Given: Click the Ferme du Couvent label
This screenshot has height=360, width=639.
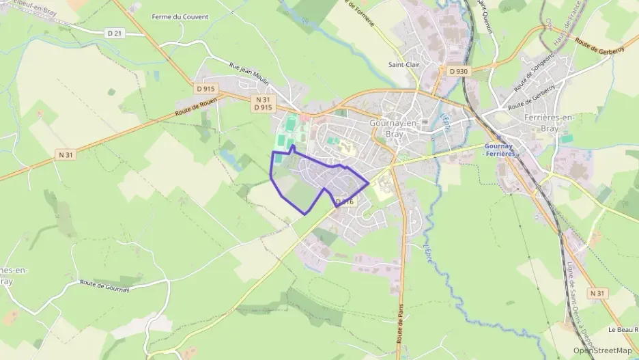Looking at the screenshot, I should click(180, 16).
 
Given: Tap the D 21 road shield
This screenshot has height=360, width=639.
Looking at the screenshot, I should click(114, 33).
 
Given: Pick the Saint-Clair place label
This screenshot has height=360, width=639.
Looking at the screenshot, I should click(403, 65).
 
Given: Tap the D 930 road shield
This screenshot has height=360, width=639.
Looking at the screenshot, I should click(459, 71).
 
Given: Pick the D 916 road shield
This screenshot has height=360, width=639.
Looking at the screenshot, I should click(345, 202).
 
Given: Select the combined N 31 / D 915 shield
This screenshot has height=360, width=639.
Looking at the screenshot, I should click(263, 103).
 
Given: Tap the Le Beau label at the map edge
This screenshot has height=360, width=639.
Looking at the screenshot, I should click(622, 329).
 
